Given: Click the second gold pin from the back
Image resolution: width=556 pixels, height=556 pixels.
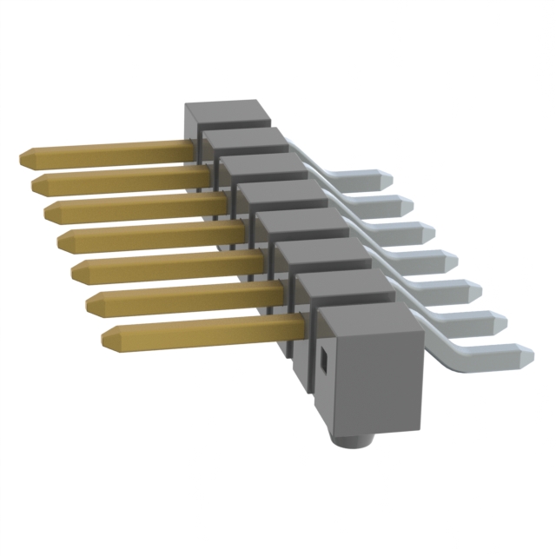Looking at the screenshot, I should click(113, 182).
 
